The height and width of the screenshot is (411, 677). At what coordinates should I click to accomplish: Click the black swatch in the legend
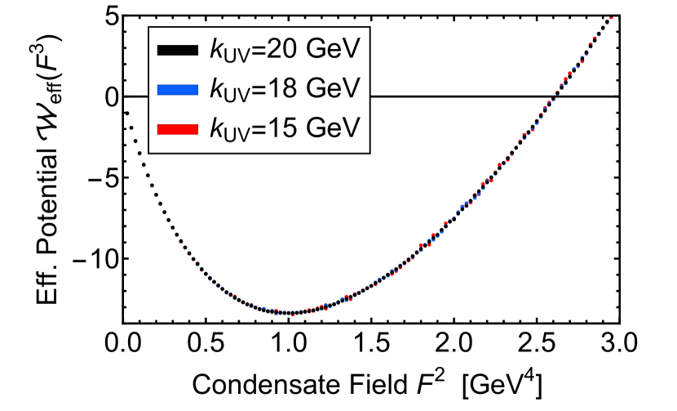point(178,50)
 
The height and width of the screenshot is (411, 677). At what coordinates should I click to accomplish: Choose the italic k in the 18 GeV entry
point(217,88)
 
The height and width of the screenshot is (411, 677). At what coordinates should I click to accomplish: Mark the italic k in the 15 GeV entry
point(217,127)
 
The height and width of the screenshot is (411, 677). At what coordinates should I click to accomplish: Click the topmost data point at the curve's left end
point(127,114)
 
